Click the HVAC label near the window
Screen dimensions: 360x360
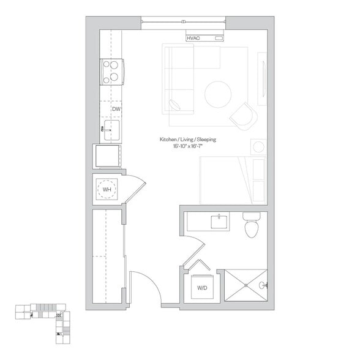pyautogui.click(x=193, y=38)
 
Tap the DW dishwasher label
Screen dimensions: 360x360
pyautogui.click(x=116, y=109)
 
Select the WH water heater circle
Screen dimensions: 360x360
pyautogui.click(x=107, y=189)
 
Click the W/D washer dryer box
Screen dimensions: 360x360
pyautogui.click(x=202, y=287)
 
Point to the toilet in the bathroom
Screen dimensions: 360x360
pyautogui.click(x=252, y=225)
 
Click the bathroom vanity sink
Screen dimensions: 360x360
pyautogui.click(x=219, y=222)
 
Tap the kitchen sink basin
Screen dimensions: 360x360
pyautogui.click(x=111, y=130)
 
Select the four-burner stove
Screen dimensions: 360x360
pyautogui.click(x=112, y=72)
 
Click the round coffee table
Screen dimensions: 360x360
pyautogui.click(x=218, y=94)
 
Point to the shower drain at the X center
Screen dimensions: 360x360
pyautogui.click(x=246, y=285)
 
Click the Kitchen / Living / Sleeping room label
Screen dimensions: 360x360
pyautogui.click(x=188, y=140)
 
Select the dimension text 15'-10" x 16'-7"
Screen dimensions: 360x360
pyautogui.click(x=187, y=146)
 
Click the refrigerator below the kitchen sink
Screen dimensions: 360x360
pyautogui.click(x=108, y=156)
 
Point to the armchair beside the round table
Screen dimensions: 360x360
pyautogui.click(x=244, y=116)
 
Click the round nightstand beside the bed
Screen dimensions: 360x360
pyautogui.click(x=258, y=147)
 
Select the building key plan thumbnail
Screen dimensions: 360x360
pyautogui.click(x=43, y=324)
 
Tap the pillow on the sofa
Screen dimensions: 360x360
pyautogui.click(x=174, y=105)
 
